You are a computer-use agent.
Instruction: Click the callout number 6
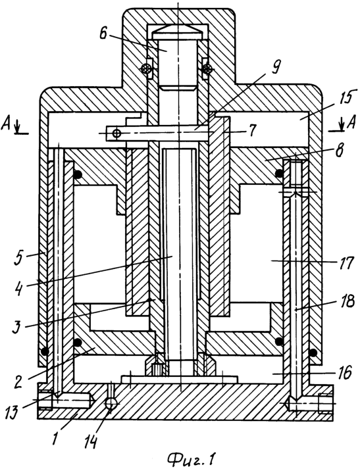tap(103, 34)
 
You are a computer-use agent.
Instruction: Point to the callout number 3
tap(18, 327)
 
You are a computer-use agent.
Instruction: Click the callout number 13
tap(13, 413)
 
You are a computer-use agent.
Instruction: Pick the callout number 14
tap(90, 441)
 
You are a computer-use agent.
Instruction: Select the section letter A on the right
tap(352, 122)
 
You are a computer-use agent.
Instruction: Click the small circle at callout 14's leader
tap(111, 404)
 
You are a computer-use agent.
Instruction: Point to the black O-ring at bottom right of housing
tap(313, 353)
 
